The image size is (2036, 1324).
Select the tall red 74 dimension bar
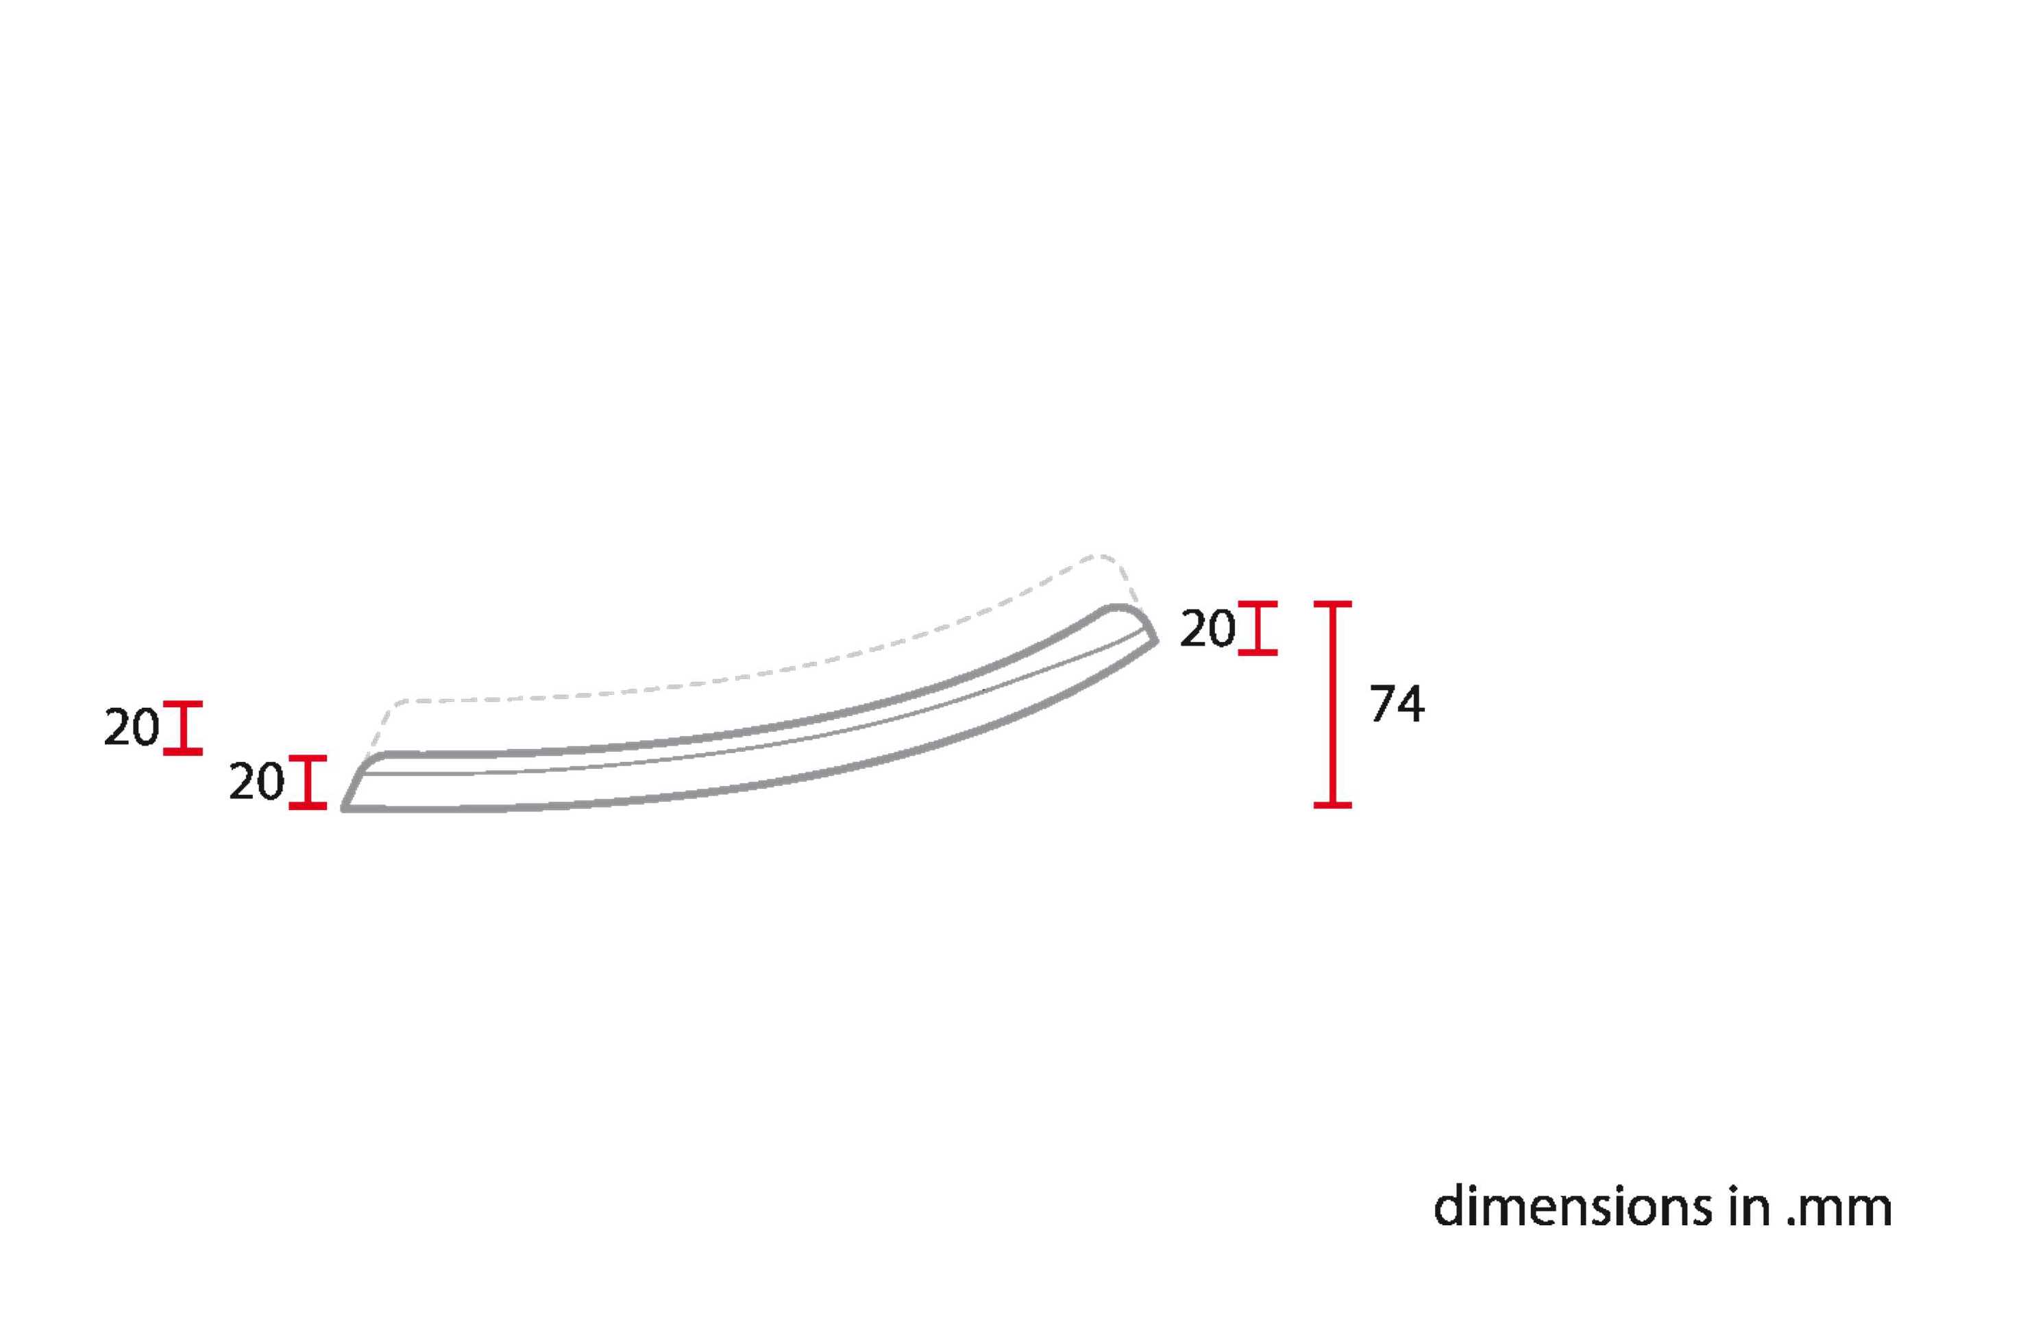coord(1332,704)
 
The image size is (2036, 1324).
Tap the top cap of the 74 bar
coord(1332,604)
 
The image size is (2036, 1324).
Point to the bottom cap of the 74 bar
coord(1332,805)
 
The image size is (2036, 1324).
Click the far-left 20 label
coord(132,728)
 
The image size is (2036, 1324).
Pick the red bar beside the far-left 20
coord(183,728)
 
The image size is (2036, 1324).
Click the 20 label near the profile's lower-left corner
coord(256,782)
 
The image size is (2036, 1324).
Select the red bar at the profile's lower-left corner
coord(308,782)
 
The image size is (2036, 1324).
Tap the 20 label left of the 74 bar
coord(1208,628)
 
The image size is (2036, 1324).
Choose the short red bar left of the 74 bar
coord(1258,628)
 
